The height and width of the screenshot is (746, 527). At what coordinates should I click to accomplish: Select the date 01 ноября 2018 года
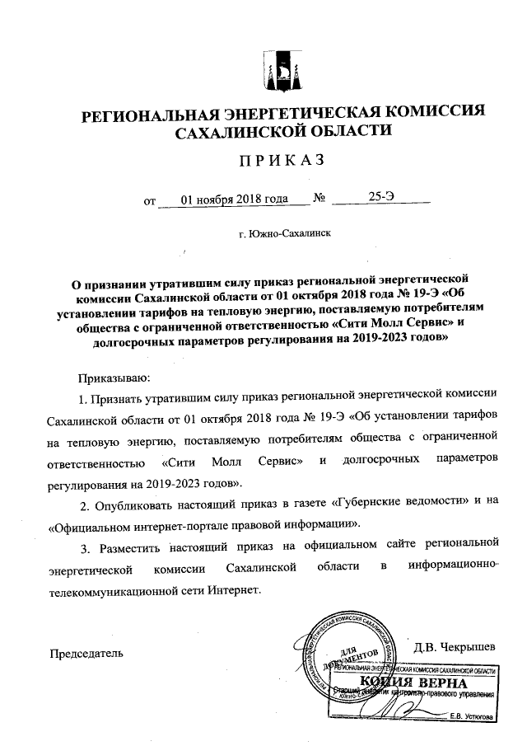point(234,199)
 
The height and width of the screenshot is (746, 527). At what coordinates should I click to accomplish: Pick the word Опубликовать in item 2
point(135,502)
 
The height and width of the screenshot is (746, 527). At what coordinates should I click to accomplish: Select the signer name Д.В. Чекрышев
point(454,645)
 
